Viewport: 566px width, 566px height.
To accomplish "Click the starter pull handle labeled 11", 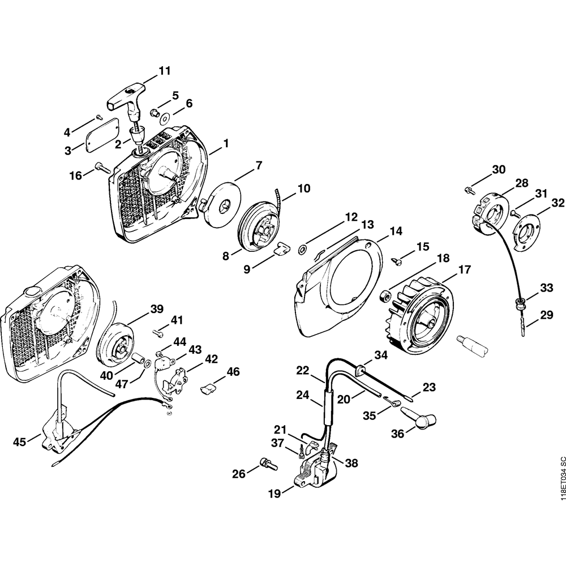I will (126, 97).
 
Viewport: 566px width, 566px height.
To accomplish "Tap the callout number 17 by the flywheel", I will (464, 271).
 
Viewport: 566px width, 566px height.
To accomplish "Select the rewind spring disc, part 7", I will (222, 198).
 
